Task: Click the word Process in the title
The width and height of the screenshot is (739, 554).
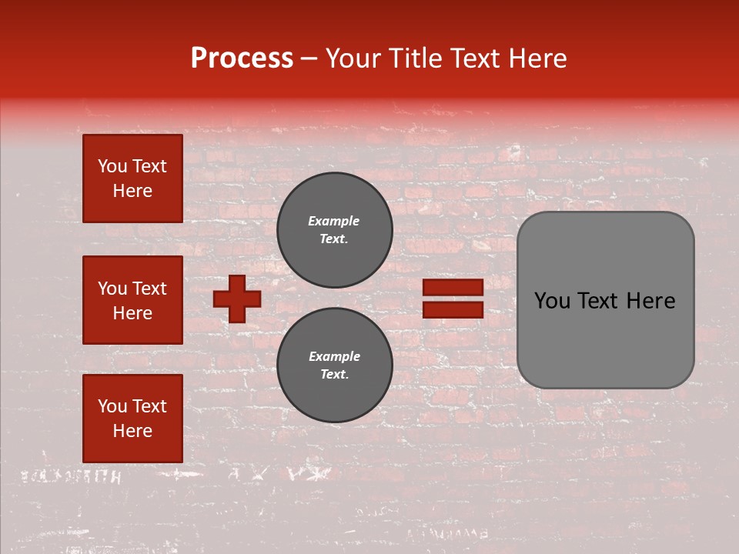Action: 242,58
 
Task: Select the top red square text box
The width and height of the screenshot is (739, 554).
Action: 132,179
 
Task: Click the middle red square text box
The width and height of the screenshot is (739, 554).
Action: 132,300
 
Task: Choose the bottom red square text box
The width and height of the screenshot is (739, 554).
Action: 132,419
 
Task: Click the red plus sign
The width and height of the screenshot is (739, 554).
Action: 237,299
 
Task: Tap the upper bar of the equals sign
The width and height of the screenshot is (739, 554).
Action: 453,287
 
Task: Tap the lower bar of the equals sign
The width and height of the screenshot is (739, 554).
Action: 453,309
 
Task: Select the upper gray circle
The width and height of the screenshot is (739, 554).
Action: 334,229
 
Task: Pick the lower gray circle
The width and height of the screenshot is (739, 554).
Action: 334,365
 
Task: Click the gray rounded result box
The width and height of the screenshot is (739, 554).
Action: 605,300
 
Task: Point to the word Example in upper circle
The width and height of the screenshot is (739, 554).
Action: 333,221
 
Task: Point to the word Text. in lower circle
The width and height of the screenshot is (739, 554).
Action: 334,375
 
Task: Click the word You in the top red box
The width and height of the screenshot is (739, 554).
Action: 112,166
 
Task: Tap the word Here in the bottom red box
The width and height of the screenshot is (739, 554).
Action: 132,431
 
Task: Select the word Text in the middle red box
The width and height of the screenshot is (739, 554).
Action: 149,289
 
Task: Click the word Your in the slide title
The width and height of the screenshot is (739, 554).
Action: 353,58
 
